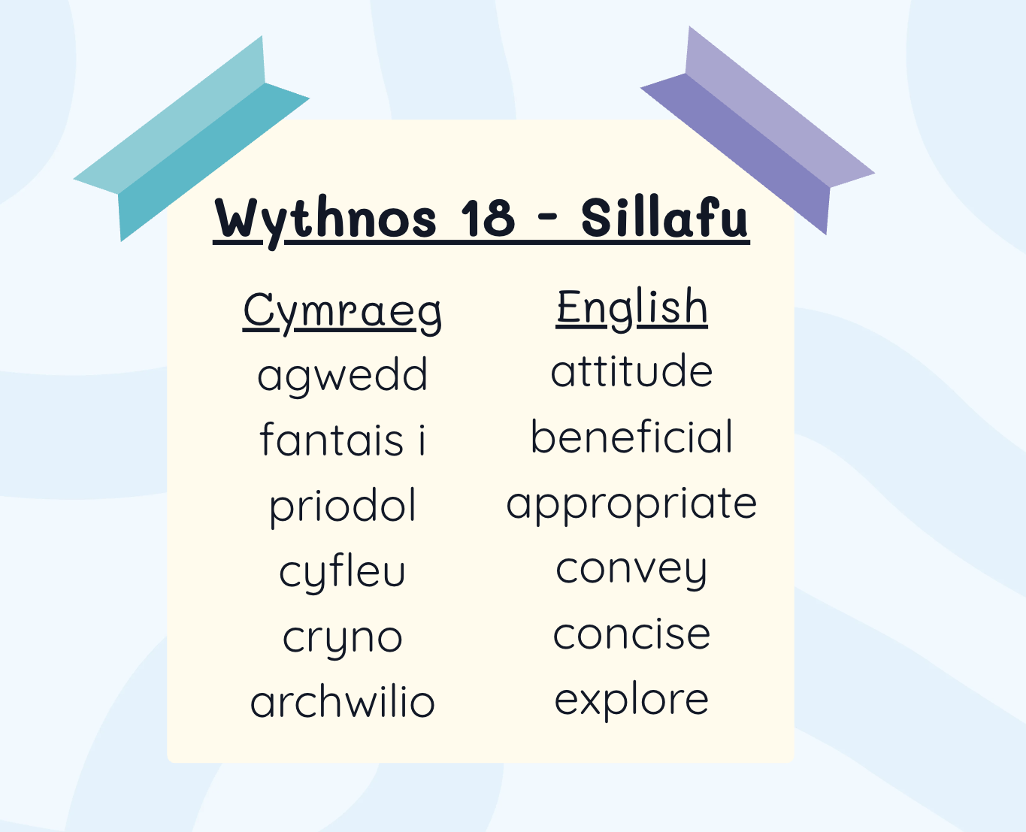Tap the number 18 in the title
[x=488, y=218]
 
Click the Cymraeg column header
[x=342, y=313]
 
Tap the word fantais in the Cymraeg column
[x=332, y=439]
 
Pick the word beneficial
[x=631, y=436]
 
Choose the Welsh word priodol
[x=343, y=507]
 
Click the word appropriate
[x=631, y=506]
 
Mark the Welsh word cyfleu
[x=343, y=573]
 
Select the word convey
[x=631, y=571]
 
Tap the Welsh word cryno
[x=343, y=640]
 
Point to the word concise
[x=631, y=634]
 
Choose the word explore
[x=631, y=701]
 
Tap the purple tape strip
[x=758, y=130]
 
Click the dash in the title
[x=546, y=218]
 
